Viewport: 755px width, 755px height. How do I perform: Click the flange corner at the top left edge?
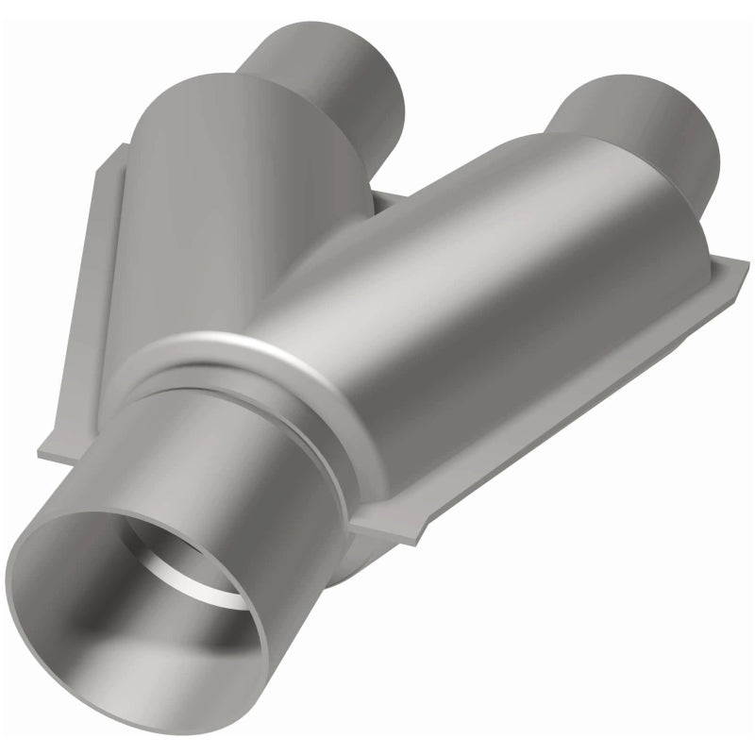118,151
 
